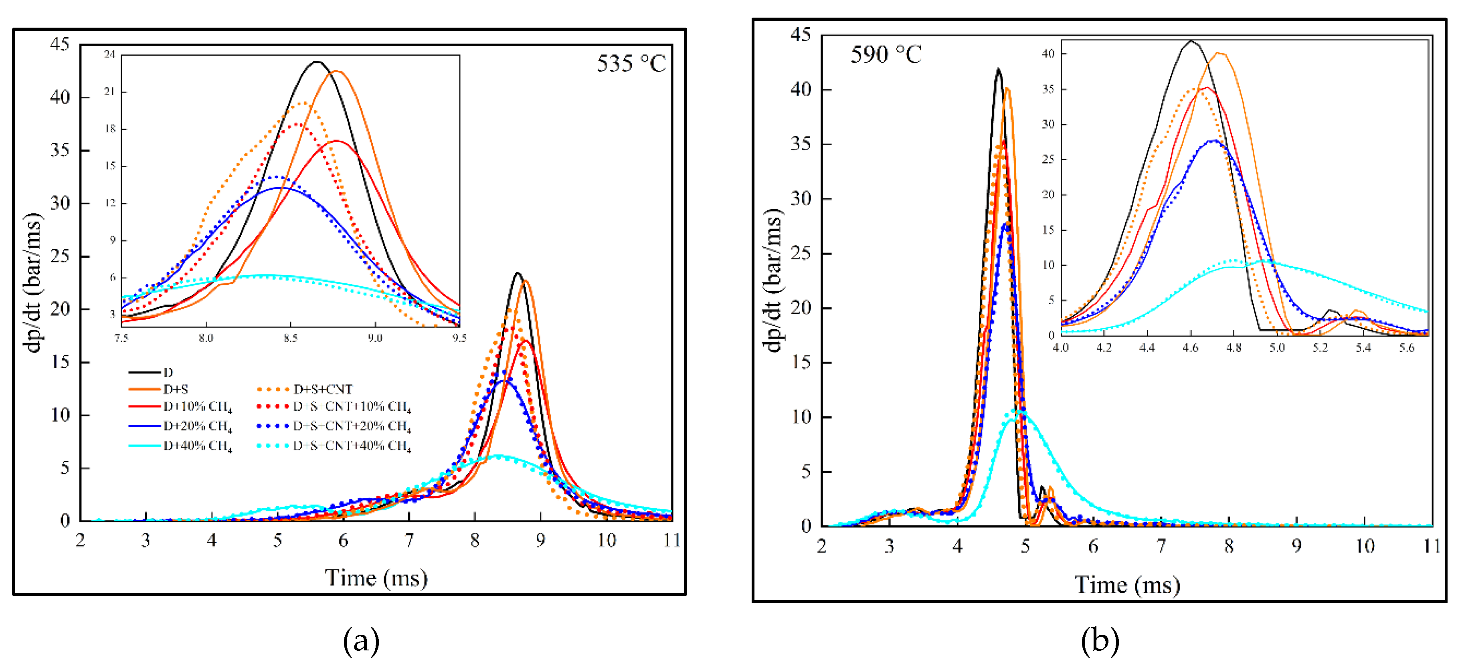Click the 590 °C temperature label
pyautogui.click(x=886, y=55)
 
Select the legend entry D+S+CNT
pyautogui.click(x=323, y=390)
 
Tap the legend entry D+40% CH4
pyautogui.click(x=198, y=446)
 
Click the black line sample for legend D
pyautogui.click(x=144, y=372)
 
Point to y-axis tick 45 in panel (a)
pyautogui.click(x=60, y=44)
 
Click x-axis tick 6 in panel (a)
pyautogui.click(x=343, y=541)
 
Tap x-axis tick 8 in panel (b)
pyautogui.click(x=1229, y=546)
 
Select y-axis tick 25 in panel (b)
pyautogui.click(x=801, y=253)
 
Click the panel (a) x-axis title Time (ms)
pyautogui.click(x=376, y=578)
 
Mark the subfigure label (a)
pyautogui.click(x=361, y=641)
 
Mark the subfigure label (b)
pyautogui.click(x=1100, y=641)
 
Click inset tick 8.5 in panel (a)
pyautogui.click(x=290, y=338)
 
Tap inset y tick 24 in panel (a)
pyautogui.click(x=110, y=54)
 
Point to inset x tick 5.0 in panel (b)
pyautogui.click(x=1277, y=347)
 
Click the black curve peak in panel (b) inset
pyautogui.click(x=1191, y=41)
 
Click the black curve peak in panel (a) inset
pyautogui.click(x=317, y=62)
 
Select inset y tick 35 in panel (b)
pyautogui.click(x=1048, y=89)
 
